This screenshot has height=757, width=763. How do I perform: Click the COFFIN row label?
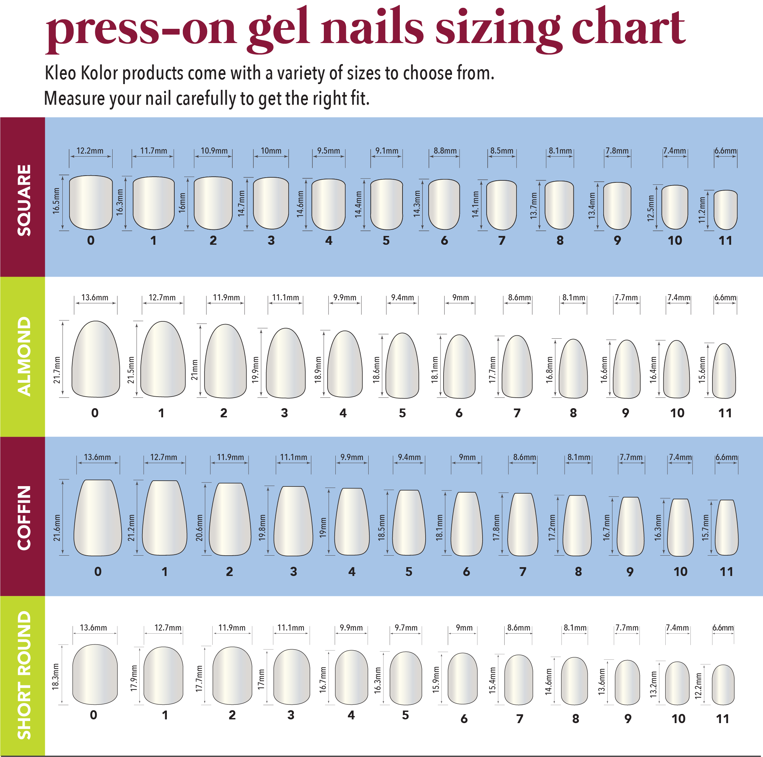tap(24, 517)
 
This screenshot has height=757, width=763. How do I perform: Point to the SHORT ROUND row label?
tap(24, 675)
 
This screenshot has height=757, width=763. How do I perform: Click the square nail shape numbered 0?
tap(91, 202)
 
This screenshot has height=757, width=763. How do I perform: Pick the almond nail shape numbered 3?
tap(286, 363)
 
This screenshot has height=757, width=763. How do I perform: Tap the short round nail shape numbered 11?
tap(723, 685)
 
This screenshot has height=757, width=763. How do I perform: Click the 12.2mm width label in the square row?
tap(90, 151)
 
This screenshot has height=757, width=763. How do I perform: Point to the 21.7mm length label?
tap(57, 370)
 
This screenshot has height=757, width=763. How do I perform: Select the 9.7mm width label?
tap(406, 627)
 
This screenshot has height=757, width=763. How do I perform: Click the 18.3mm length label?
tap(56, 676)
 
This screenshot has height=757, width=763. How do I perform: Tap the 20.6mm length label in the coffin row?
tap(199, 527)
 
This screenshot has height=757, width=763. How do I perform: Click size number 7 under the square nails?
tap(502, 240)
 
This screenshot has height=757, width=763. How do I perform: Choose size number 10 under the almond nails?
tap(677, 413)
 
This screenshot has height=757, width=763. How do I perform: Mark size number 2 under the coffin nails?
tap(230, 572)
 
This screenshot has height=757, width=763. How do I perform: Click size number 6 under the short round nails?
tap(464, 719)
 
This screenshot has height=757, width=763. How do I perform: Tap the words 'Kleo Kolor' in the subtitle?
tap(81, 74)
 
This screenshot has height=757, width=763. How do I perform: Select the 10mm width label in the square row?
tap(271, 151)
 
